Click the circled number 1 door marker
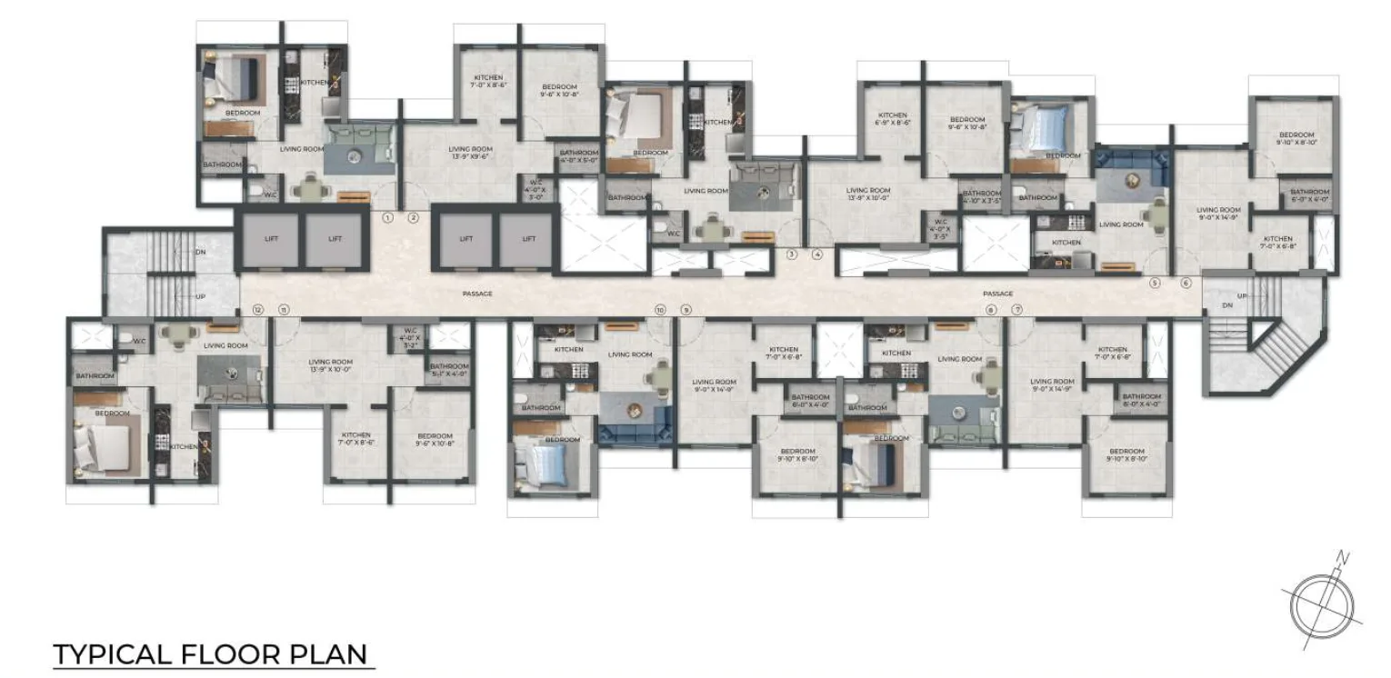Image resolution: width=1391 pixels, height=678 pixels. [x=388, y=217]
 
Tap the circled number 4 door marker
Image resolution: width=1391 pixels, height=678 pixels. [x=817, y=254]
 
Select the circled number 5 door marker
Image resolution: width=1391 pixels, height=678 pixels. [x=1156, y=283]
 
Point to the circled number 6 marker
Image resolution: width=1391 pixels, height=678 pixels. [x=1186, y=283]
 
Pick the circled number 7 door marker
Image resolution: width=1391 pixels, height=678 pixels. [x=1016, y=310]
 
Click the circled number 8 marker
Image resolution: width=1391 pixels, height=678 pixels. [x=991, y=310]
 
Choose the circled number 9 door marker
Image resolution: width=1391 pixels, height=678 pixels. [x=685, y=310]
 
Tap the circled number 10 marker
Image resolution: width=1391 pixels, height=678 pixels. [x=660, y=310]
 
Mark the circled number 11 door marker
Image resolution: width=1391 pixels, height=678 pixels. [x=284, y=310]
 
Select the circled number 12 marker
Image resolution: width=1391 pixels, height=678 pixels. [x=258, y=310]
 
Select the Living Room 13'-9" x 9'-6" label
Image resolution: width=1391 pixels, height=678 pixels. [x=470, y=152]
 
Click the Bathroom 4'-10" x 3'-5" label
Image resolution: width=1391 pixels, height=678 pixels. [x=981, y=196]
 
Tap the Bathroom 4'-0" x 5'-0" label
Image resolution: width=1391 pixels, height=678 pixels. [x=578, y=155]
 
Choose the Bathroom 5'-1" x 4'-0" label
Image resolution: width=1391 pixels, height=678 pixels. [x=449, y=370]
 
